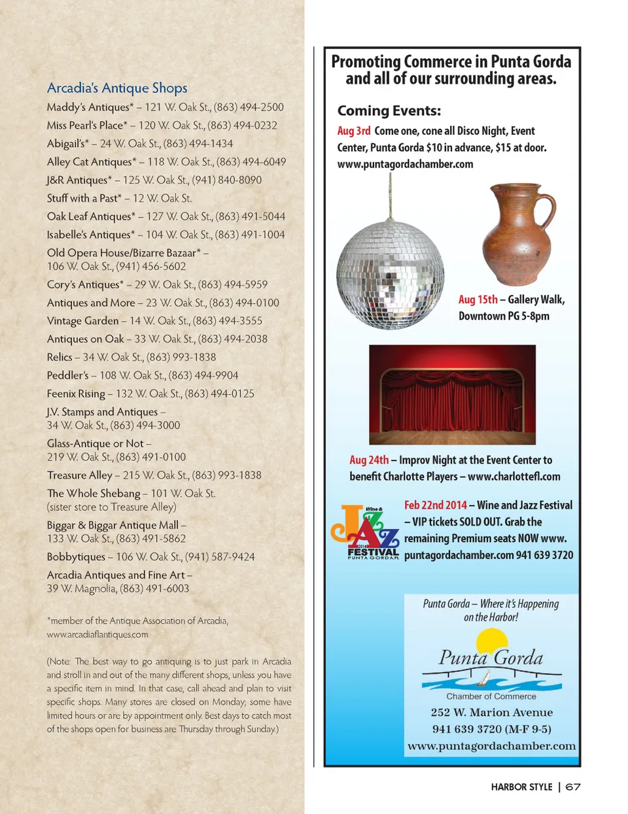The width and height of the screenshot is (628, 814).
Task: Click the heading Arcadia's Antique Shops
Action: click(x=117, y=88)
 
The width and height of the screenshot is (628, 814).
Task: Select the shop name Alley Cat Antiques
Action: click(x=89, y=161)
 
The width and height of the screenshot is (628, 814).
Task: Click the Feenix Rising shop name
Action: click(x=76, y=394)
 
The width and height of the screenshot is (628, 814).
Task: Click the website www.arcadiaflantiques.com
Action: click(x=97, y=634)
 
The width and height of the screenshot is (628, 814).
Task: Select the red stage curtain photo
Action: click(x=452, y=394)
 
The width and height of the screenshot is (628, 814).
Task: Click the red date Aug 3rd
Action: click(x=354, y=131)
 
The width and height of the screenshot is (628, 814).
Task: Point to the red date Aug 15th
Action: click(x=478, y=299)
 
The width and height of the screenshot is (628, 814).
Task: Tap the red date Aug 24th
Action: click(x=369, y=460)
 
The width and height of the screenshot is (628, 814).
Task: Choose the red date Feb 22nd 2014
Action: click(x=436, y=505)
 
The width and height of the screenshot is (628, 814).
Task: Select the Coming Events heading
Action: click(x=389, y=110)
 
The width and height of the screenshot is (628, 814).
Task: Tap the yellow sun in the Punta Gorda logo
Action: click(x=491, y=640)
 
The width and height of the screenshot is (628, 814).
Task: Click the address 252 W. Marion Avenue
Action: click(x=491, y=712)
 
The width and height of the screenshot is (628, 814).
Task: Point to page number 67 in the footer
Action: click(x=572, y=787)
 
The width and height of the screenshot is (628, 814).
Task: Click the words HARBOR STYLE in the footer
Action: click(x=521, y=787)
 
